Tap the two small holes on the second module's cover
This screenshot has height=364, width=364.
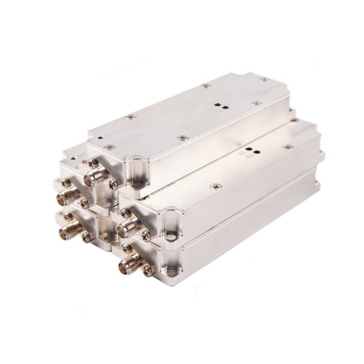coord(251,149)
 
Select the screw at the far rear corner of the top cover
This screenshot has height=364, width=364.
coord(263,79)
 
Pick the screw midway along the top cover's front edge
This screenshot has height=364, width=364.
coord(183,138)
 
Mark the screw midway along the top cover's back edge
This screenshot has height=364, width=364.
coord(206,86)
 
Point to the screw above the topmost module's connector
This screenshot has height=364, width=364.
coord(93,163)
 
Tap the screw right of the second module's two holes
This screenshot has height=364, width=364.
coord(288,147)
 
